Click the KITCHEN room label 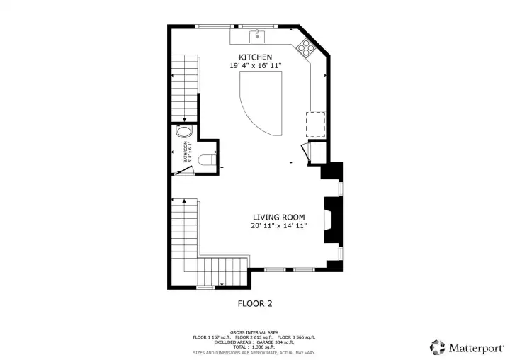coord(255,57)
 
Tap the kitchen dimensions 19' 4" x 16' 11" coord(255,66)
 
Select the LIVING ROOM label coord(279,218)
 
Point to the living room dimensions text coord(279,227)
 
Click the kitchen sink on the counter coord(256,35)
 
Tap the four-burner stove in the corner coord(306,47)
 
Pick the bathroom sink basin coord(184,132)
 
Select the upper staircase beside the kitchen coord(183,85)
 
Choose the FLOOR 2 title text coord(254,303)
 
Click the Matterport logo coord(467,347)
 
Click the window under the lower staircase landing coord(205,287)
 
